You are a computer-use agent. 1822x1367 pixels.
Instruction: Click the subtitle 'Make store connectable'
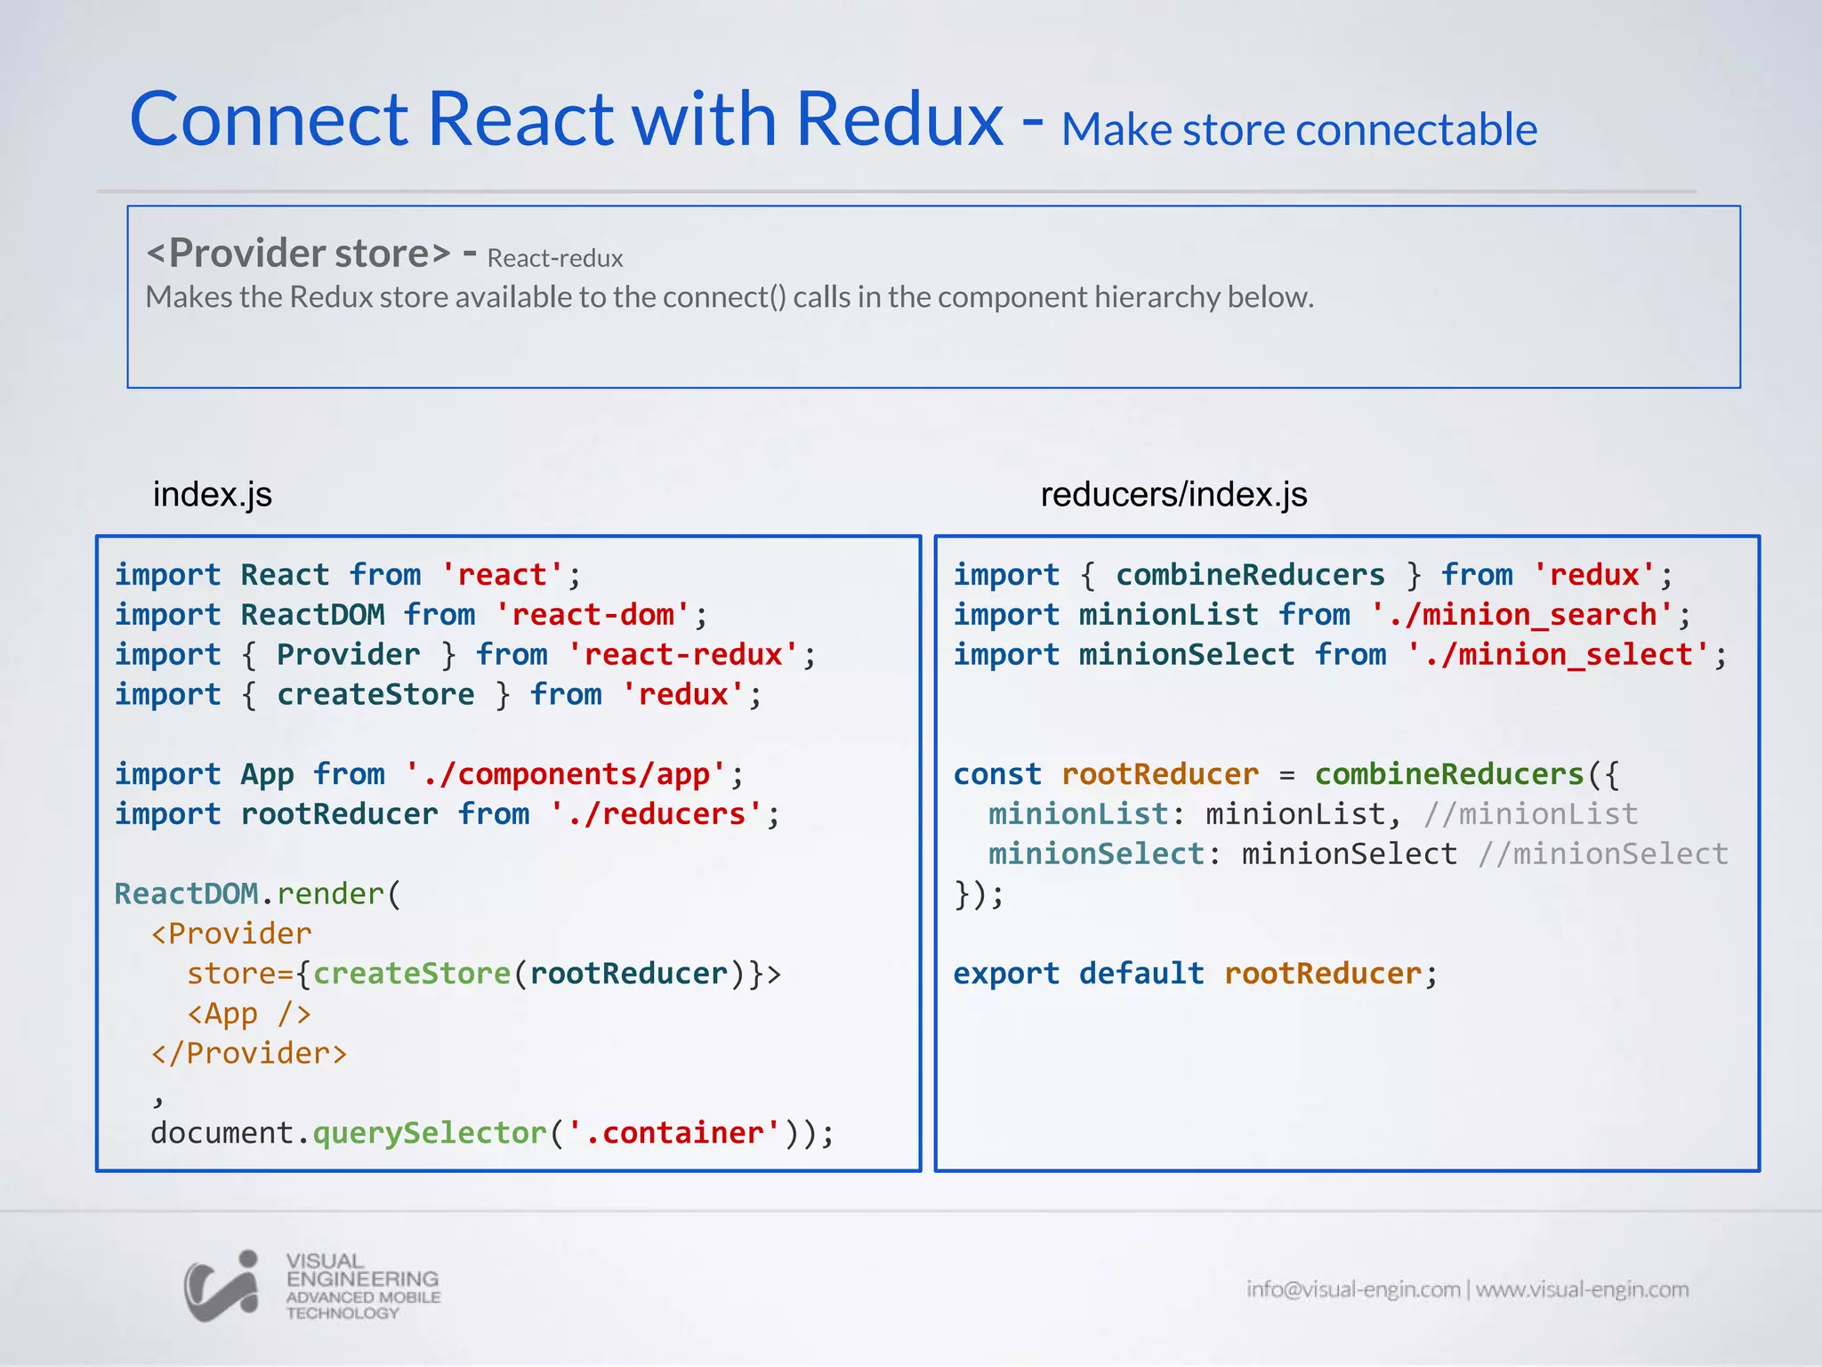click(1299, 130)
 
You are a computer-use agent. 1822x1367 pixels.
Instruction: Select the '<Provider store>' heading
click(299, 254)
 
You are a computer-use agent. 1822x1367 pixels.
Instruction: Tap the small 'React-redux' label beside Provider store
click(555, 259)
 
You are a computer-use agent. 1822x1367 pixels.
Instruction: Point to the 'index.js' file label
click(213, 494)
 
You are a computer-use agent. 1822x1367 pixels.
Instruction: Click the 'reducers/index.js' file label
click(1173, 494)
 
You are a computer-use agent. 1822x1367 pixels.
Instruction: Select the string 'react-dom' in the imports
click(593, 615)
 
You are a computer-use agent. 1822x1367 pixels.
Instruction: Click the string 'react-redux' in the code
click(683, 655)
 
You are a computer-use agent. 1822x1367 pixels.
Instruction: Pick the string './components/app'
click(566, 774)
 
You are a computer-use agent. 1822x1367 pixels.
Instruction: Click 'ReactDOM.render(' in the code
click(258, 894)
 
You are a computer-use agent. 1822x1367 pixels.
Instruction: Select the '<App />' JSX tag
click(249, 1014)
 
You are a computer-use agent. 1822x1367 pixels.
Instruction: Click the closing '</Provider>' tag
click(249, 1054)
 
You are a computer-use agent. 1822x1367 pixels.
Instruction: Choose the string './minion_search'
click(1521, 615)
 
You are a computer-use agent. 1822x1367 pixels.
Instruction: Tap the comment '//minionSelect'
click(1602, 854)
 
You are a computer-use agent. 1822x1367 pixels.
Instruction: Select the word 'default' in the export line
click(1141, 974)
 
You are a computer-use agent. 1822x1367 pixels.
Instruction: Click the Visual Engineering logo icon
click(222, 1286)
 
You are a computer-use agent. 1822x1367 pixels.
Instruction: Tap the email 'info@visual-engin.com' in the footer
click(1353, 1290)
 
